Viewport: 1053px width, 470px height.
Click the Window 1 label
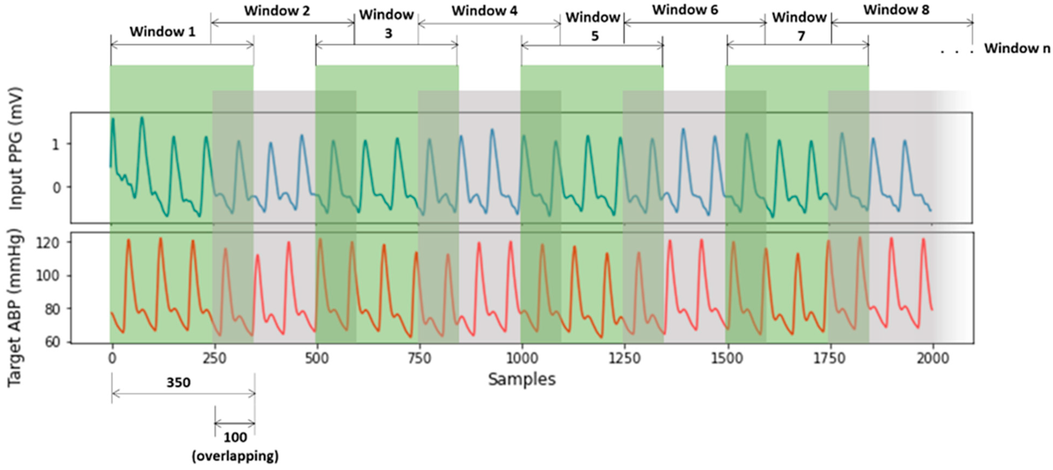[x=162, y=31]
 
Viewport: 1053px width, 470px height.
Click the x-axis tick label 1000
[x=522, y=358]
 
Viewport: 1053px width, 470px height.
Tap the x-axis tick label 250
[x=214, y=358]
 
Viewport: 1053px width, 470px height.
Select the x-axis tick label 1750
[x=829, y=358]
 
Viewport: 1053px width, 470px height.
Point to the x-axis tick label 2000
[x=932, y=358]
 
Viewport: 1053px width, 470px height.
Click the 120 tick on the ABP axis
[x=47, y=243]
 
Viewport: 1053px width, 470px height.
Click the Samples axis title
[x=522, y=379]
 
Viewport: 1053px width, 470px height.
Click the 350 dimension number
[x=178, y=383]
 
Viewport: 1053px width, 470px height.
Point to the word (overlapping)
[x=235, y=456]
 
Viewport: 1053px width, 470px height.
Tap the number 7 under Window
[x=801, y=36]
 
